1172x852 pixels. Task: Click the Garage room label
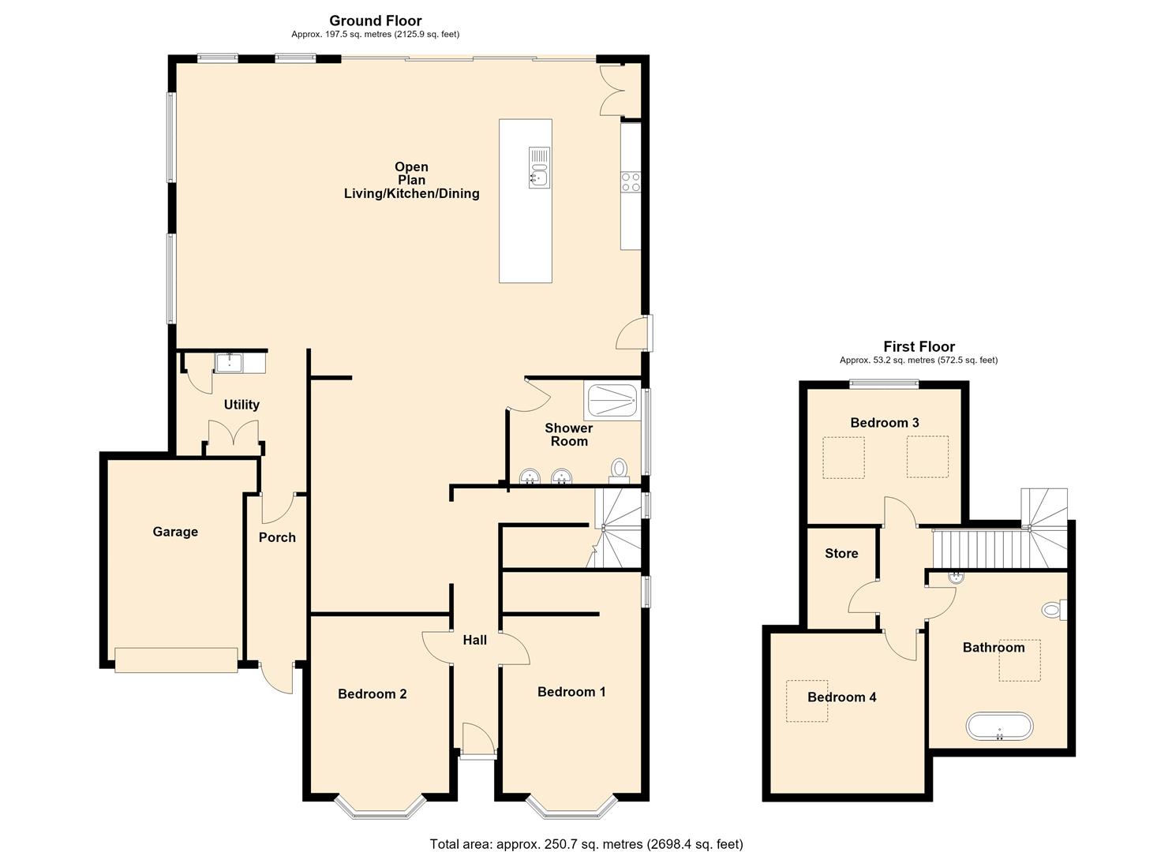[x=175, y=532]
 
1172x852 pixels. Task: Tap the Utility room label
[x=242, y=404]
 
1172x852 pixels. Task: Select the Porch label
[x=277, y=537]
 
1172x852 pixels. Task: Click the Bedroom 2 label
[x=373, y=693]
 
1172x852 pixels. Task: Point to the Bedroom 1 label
[x=571, y=691]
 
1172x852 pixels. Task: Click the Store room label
[x=841, y=553]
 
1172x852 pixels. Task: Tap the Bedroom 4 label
[x=842, y=697]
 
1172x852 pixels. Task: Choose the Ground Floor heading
[x=375, y=21]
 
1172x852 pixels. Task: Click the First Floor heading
[x=919, y=346]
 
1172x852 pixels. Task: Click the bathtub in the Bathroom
[x=999, y=727]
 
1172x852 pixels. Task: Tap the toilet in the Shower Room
[x=620, y=470]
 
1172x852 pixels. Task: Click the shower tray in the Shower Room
[x=612, y=402]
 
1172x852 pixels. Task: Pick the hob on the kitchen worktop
[x=631, y=182]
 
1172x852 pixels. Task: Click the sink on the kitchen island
[x=539, y=167]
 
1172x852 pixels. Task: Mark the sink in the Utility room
[x=229, y=362]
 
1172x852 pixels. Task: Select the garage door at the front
[x=176, y=660]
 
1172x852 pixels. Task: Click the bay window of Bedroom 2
[x=380, y=808]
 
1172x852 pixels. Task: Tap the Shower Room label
[x=569, y=435]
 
